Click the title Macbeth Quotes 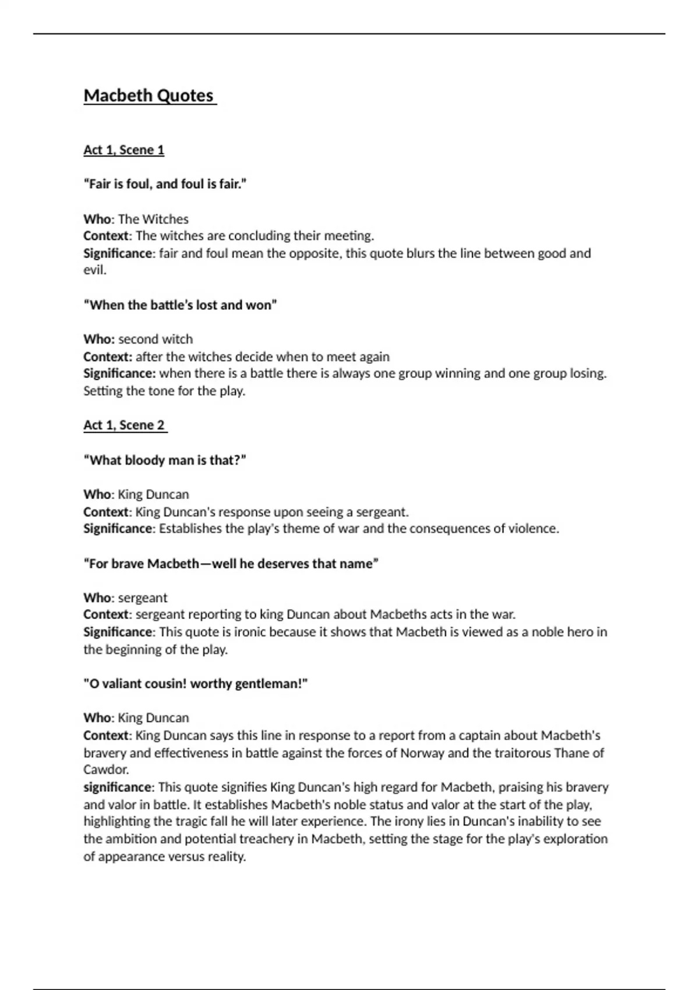coord(149,96)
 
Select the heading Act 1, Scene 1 coord(123,150)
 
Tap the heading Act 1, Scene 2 coord(124,425)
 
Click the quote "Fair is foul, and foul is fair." coord(165,184)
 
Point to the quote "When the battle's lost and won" coord(180,305)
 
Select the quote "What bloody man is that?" coord(165,460)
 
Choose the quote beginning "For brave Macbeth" coord(231,564)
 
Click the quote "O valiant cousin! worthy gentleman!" coord(195,684)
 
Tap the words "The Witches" coord(153,220)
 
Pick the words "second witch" coord(155,340)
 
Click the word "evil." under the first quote coord(95,270)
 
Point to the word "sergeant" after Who coord(143,598)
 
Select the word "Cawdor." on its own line coord(106,770)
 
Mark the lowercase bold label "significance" coord(117,787)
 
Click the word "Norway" coord(422,753)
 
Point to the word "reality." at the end coord(227,857)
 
